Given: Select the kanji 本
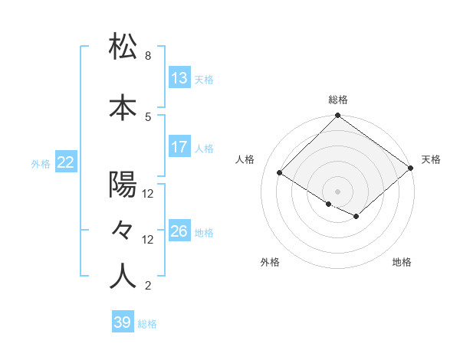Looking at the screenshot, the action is pos(123,108).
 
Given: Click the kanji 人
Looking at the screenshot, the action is pos(123,276).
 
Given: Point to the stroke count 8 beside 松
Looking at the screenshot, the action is pos(148,56).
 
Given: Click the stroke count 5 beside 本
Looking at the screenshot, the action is pos(148,116).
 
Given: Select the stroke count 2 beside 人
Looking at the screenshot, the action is pos(148,286).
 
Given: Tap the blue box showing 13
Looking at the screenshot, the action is pos(179,78).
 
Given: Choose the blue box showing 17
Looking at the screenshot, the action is pos(179,147).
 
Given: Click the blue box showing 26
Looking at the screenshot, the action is pos(179,231).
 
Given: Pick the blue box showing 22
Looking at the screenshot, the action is pos(66,162).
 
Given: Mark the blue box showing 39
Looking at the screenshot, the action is pos(123,322).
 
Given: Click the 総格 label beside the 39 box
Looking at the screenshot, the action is pos(147,324).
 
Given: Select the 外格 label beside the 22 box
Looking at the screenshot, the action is pos(41,163).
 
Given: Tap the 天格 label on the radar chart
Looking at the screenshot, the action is pos(431,159).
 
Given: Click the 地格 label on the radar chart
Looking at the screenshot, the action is pos(402,262).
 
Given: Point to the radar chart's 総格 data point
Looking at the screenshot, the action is pos(337,116).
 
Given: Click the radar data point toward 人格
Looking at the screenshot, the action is pos(280,173).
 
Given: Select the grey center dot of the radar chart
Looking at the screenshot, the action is pos(337,190).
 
